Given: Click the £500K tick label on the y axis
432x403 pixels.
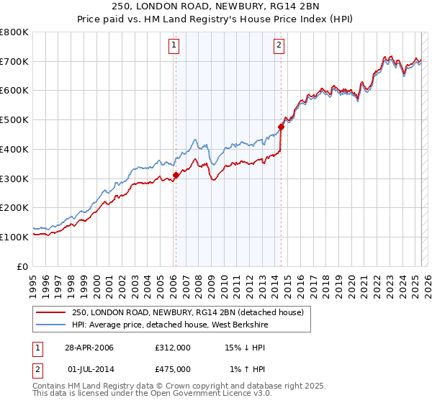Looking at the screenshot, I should (14, 120).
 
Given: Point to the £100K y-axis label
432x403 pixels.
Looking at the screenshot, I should (14, 237).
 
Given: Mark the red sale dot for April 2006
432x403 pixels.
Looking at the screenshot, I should (176, 174).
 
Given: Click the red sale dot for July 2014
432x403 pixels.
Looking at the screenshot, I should (281, 127).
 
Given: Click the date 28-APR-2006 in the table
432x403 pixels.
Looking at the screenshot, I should (89, 348).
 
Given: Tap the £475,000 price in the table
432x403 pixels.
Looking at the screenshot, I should (173, 369).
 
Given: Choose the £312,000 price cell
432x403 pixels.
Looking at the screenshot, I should (173, 348).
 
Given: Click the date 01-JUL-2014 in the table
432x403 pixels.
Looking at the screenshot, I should (89, 369).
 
